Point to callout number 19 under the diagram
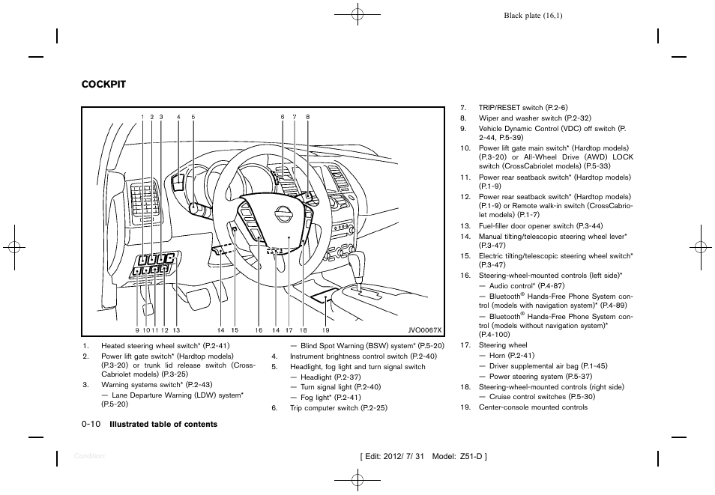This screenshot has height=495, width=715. coord(326,330)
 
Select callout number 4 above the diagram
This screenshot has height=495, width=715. coord(178,117)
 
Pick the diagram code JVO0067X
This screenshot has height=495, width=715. coord(425,330)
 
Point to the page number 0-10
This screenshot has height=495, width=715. coord(91,424)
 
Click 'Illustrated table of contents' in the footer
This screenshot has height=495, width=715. coord(163,425)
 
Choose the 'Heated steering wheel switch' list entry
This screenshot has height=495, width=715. coord(165,345)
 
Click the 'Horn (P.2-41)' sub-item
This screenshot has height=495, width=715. coord(511,355)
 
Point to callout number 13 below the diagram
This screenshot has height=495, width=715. coord(176,330)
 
